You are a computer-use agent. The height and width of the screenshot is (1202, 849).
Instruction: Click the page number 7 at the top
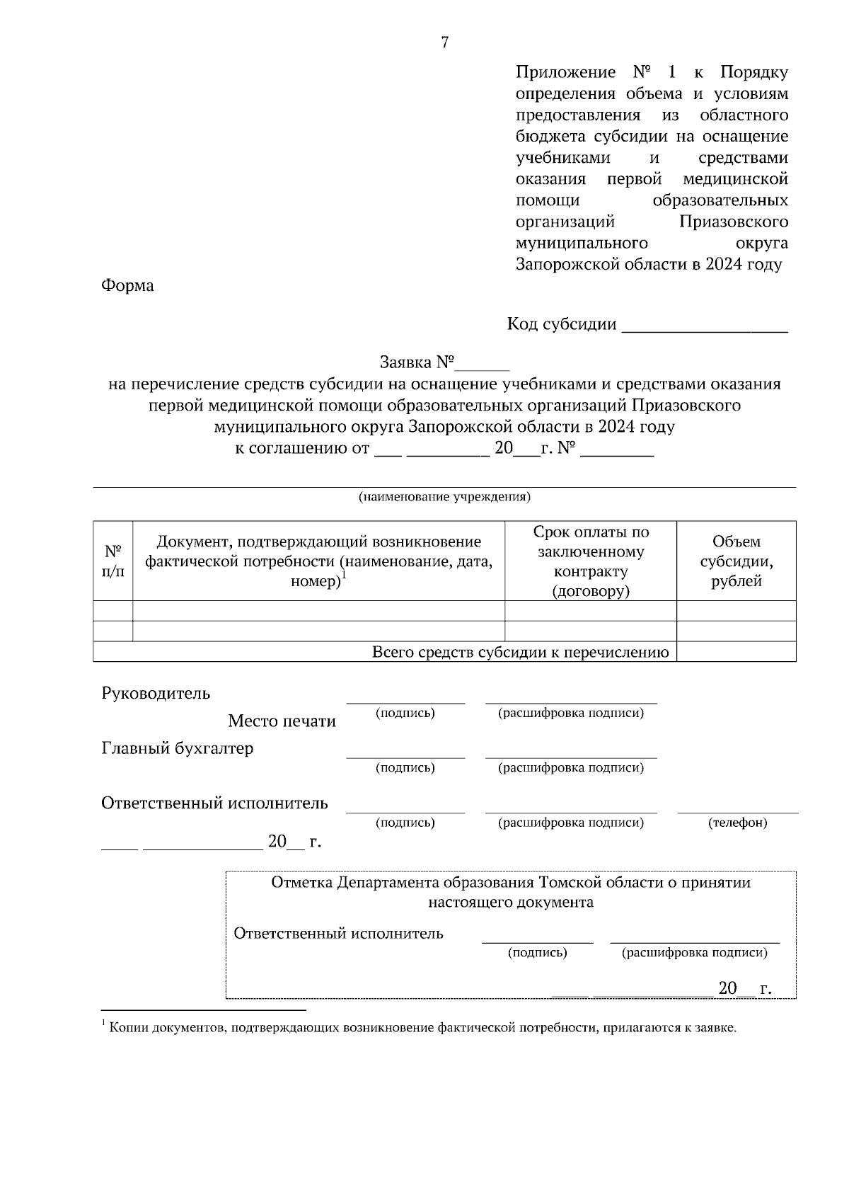pos(444,43)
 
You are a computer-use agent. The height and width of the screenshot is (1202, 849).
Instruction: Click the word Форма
pos(127,286)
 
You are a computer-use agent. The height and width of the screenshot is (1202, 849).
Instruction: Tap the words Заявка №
pos(417,362)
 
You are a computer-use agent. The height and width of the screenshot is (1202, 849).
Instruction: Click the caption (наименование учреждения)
pos(444,497)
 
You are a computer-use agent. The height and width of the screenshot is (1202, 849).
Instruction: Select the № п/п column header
pos(113,561)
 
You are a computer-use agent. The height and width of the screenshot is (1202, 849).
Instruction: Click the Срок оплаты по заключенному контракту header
pos(591,561)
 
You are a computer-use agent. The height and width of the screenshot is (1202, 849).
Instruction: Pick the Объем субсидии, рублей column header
pos(737,561)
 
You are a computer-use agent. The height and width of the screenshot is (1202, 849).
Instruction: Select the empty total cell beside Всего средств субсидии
pos(737,652)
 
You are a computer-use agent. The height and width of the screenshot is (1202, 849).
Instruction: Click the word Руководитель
pos(156,693)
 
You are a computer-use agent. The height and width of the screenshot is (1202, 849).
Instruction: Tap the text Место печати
pos(282,721)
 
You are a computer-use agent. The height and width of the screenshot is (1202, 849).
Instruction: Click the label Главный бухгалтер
pos(177,748)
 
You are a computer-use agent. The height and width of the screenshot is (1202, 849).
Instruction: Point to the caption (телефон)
pos(737,823)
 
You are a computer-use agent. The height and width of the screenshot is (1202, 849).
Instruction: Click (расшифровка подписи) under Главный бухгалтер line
pos(571,768)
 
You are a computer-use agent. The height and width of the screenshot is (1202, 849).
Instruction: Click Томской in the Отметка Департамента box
pos(570,883)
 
